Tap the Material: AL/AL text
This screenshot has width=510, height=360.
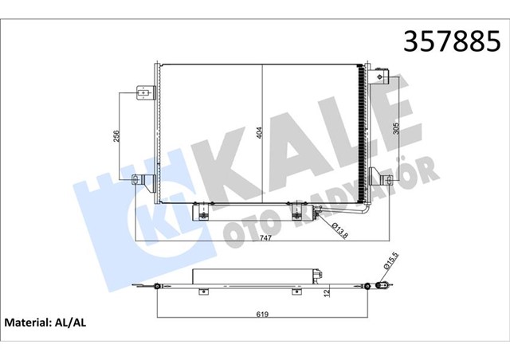pos(49,324)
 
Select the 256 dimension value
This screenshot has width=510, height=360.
pos(116,136)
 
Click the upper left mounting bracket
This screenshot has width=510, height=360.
pos(143,92)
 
